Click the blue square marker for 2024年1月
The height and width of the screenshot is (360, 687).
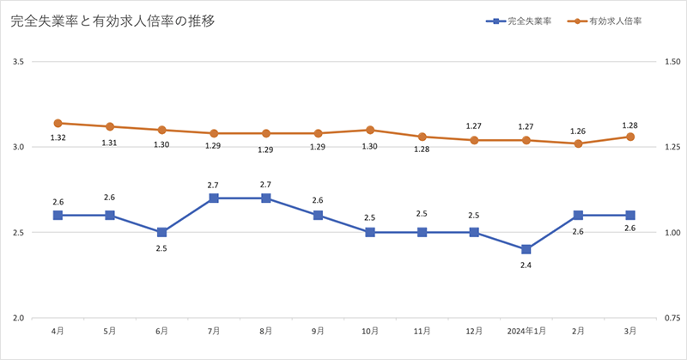[526, 249]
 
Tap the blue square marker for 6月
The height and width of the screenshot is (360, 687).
[161, 232]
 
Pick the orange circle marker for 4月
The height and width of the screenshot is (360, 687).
[58, 123]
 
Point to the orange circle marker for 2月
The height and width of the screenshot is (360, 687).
[578, 143]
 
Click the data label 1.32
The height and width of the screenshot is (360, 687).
[58, 138]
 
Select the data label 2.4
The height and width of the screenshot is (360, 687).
[526, 265]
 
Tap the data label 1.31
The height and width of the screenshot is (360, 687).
[110, 143]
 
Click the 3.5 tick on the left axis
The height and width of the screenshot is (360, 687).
[18, 62]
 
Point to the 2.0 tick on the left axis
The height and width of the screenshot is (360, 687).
[18, 319]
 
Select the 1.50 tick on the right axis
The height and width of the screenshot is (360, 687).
[667, 62]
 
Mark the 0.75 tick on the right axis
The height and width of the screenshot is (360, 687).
[667, 319]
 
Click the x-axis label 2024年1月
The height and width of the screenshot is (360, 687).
[526, 332]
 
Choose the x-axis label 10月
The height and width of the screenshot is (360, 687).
[370, 332]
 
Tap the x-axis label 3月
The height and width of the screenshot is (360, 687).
[630, 332]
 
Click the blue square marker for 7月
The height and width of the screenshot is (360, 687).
[214, 198]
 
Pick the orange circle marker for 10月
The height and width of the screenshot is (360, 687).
[370, 130]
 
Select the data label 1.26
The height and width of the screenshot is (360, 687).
[578, 131]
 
